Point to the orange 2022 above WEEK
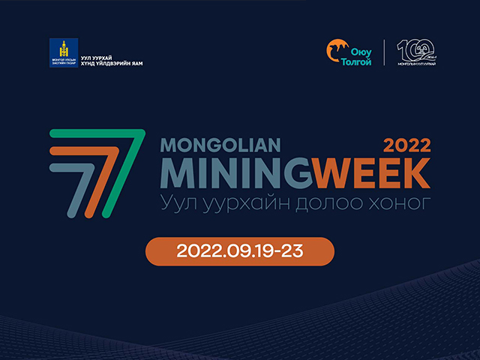click(406, 145)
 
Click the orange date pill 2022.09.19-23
click(239, 251)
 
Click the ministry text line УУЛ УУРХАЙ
click(96, 55)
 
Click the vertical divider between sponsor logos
click(385, 52)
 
